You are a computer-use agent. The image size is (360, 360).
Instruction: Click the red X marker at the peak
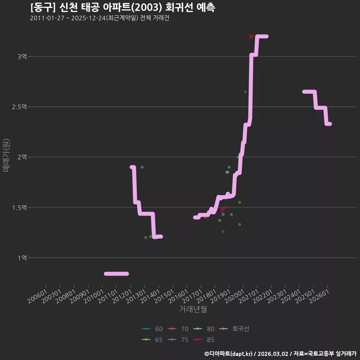251,36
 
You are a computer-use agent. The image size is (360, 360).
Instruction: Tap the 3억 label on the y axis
22,57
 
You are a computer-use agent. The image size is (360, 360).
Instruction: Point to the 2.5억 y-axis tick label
19,107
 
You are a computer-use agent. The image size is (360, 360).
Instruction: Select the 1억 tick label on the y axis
22,258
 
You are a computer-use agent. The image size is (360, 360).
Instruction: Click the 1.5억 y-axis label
19,207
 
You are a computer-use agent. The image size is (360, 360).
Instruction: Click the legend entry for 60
152,329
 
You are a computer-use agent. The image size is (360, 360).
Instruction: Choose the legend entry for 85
204,340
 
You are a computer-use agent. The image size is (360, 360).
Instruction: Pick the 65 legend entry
152,340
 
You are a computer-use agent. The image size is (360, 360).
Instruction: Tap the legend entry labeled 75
178,340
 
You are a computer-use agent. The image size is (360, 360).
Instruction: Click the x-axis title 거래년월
193,309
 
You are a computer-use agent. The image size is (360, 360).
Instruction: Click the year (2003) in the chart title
148,7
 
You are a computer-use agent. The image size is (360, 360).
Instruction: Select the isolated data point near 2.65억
245,91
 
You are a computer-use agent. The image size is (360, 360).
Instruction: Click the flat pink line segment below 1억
116,274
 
